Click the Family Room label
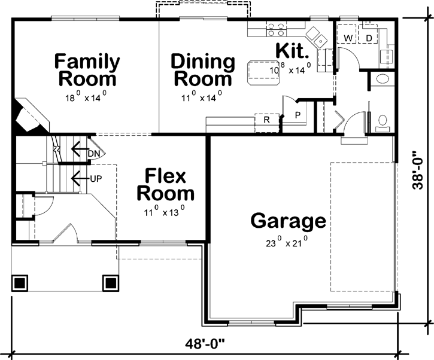pyautogui.click(x=87, y=70)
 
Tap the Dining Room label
pyautogui.click(x=202, y=70)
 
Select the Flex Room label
pyautogui.click(x=166, y=185)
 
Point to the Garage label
pyautogui.click(x=289, y=221)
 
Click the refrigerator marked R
pyautogui.click(x=266, y=119)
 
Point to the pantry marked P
pyautogui.click(x=297, y=114)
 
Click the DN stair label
pyautogui.click(x=93, y=153)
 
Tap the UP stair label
pyautogui.click(x=96, y=178)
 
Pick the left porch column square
pyautogui.click(x=20, y=282)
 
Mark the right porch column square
pyautogui.click(x=110, y=282)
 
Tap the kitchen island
pyautogui.click(x=258, y=69)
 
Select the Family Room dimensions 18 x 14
pyautogui.click(x=86, y=96)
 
